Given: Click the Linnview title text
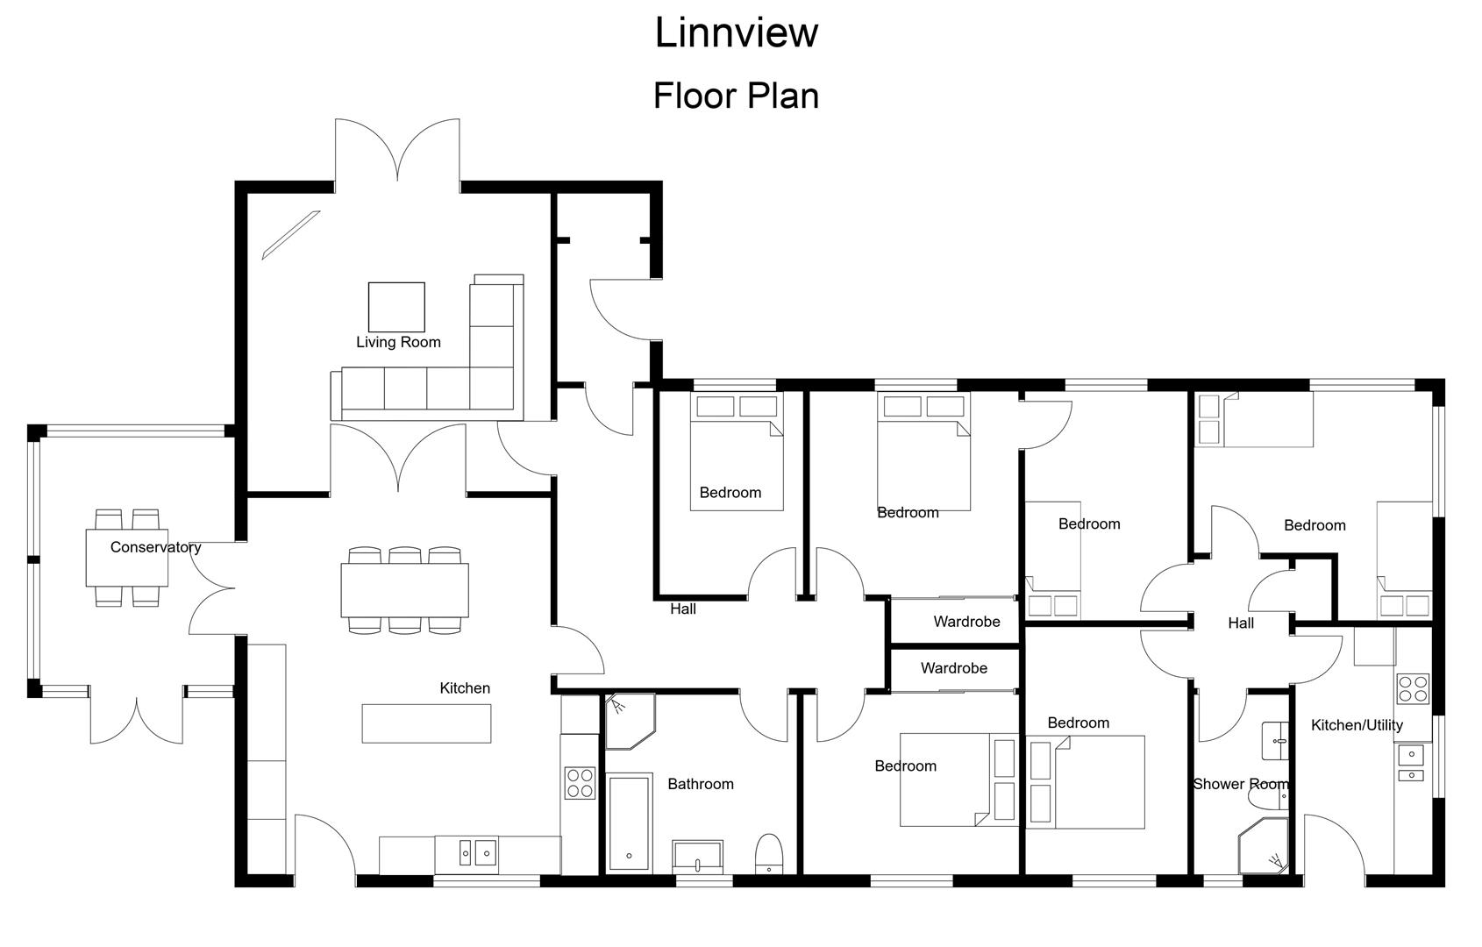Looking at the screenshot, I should tap(737, 32).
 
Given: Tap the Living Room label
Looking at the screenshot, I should tap(398, 342).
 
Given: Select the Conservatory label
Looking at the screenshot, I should tap(155, 547).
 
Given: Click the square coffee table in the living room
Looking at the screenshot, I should tap(396, 307).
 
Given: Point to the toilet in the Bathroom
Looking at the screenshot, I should tap(768, 853).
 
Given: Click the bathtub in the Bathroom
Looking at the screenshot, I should tap(629, 822).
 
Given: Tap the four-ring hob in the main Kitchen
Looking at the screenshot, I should tap(580, 782).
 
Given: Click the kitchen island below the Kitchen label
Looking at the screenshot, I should tap(426, 723).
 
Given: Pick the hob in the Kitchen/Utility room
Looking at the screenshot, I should tap(1412, 687).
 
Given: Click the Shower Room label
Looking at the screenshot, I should tap(1241, 784).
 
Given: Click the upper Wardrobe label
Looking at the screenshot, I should tap(966, 622).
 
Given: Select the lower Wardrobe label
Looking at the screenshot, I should tap(953, 668).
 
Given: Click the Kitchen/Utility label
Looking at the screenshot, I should tap(1356, 725).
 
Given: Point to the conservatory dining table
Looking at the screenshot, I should tap(127, 558).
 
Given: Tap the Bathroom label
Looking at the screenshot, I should tap(700, 784).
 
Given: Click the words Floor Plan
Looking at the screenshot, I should tap(737, 95).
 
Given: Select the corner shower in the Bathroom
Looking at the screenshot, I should tap(628, 722).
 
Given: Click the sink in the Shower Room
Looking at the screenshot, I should tap(1273, 741).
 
